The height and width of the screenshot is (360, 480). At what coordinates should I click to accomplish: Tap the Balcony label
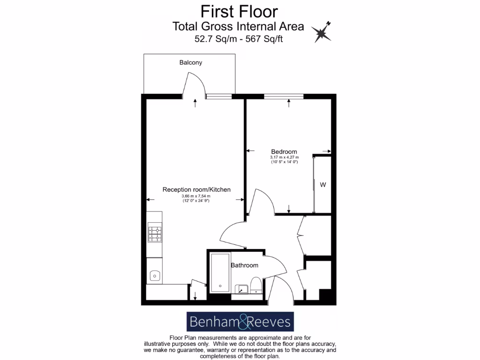[x=191, y=62]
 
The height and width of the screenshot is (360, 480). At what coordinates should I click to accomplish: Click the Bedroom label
[x=284, y=151]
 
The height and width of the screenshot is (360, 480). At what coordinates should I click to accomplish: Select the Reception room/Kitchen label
[x=196, y=189]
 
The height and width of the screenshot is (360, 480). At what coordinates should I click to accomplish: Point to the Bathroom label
[x=244, y=265]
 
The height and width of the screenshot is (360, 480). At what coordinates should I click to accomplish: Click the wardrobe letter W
[x=323, y=185]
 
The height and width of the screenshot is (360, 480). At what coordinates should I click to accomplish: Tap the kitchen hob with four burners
[x=155, y=234]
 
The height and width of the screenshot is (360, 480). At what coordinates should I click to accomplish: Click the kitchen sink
[x=155, y=276]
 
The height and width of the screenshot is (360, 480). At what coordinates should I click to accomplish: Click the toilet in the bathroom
[x=256, y=285]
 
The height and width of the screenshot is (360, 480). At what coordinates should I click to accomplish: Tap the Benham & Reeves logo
[x=240, y=322]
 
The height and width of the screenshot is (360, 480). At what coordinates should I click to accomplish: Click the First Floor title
[x=239, y=10]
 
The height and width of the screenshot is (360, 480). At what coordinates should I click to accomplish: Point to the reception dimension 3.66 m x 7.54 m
[x=196, y=196]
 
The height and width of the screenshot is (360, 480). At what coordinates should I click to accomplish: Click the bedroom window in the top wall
[x=283, y=97]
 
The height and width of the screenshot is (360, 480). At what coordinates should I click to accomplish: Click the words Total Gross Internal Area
[x=238, y=26]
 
